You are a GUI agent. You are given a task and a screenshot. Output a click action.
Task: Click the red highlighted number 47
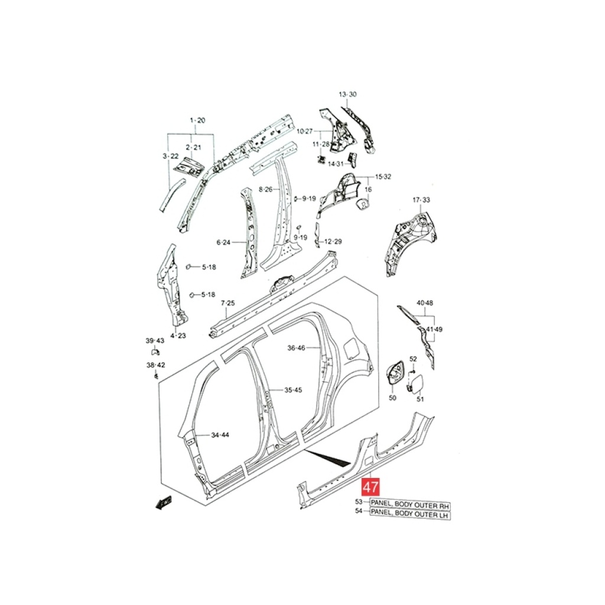coord(370,487)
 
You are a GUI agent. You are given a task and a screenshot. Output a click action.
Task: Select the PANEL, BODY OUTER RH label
coord(410,505)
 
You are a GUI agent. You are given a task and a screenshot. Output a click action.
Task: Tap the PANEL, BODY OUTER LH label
coord(410,514)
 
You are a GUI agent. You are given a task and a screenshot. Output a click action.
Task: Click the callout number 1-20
coord(197,121)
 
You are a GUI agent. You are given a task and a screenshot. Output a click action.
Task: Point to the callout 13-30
coord(347,95)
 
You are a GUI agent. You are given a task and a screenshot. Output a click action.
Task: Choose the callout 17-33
coord(421,200)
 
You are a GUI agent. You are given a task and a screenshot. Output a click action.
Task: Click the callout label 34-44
coord(220,435)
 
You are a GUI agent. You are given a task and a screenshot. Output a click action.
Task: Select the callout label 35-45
coord(293,390)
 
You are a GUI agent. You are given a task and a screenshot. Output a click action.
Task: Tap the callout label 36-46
coord(297,348)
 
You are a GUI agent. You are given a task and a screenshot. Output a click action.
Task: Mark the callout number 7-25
coord(227,303)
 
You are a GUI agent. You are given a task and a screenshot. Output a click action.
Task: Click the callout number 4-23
coord(178,336)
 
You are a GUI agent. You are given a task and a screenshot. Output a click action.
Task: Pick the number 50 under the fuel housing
coord(392,398)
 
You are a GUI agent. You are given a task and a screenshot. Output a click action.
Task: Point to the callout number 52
coord(413,359)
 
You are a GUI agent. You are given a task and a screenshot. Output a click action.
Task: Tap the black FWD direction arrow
coord(163,503)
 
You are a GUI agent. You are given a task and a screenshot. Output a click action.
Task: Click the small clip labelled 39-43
coord(155,352)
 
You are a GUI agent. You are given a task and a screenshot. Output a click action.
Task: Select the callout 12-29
coord(333,242)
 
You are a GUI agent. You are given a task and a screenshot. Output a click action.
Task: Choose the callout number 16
coord(368,190)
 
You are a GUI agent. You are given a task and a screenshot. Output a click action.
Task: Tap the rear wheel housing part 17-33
coord(411,243)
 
